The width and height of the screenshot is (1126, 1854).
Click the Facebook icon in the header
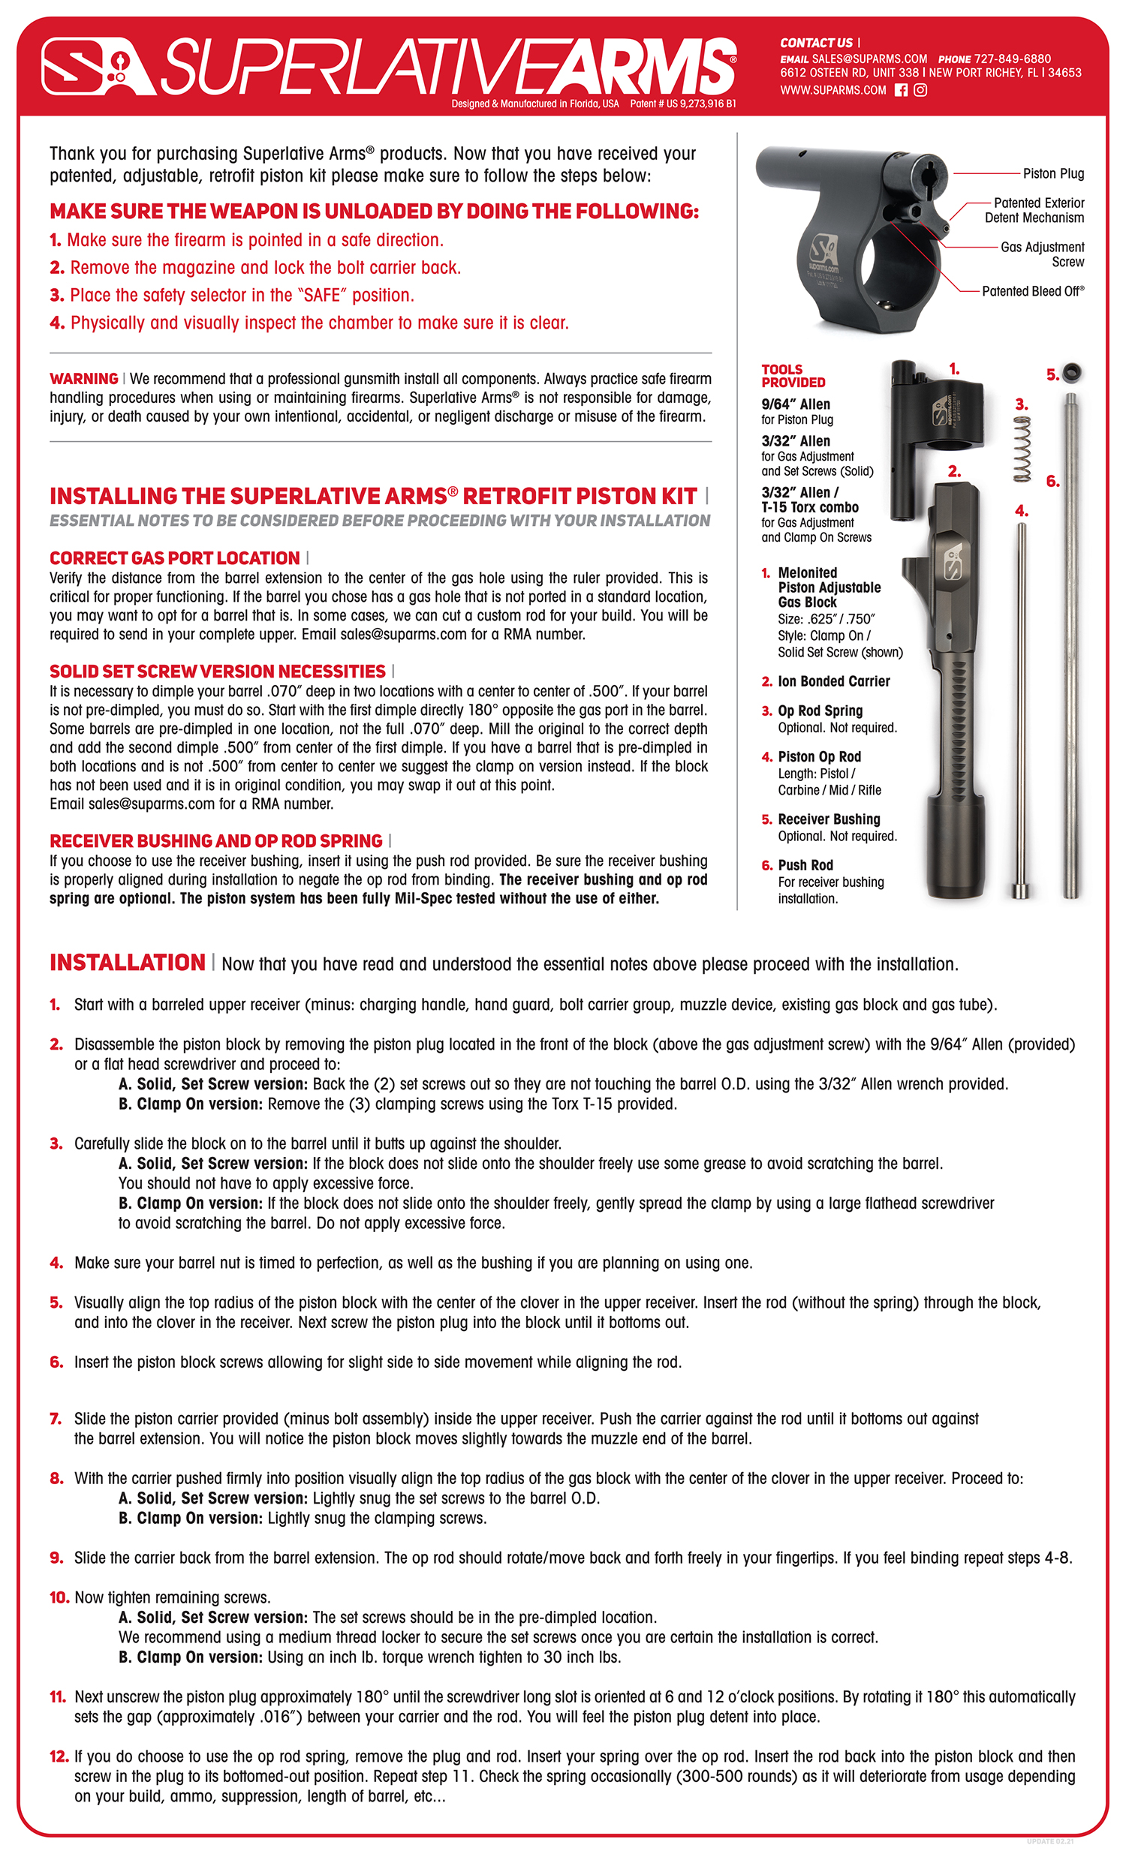click(900, 90)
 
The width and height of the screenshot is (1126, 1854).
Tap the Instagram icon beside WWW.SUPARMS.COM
click(920, 90)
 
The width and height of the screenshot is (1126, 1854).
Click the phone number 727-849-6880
click(1013, 59)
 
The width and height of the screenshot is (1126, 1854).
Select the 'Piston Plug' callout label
click(1053, 174)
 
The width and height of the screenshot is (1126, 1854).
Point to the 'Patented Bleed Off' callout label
click(1033, 291)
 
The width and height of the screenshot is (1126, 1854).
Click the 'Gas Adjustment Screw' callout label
click(1042, 254)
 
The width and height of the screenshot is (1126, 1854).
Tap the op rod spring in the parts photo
click(1022, 449)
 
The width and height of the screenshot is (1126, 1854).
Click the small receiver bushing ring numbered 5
click(1072, 372)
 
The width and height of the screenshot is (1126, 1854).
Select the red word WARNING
click(83, 378)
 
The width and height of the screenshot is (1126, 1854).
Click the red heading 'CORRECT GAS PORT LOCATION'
click(175, 558)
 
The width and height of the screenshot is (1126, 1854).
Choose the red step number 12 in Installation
click(59, 1757)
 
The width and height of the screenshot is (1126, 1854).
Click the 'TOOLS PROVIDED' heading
click(793, 375)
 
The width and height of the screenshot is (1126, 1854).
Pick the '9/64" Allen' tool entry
click(796, 404)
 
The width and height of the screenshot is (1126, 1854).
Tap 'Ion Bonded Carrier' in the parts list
click(833, 681)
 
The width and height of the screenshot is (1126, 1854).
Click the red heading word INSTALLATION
click(127, 963)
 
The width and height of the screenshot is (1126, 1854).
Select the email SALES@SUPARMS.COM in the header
click(869, 59)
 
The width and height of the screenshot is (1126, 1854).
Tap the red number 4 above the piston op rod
click(1021, 511)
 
